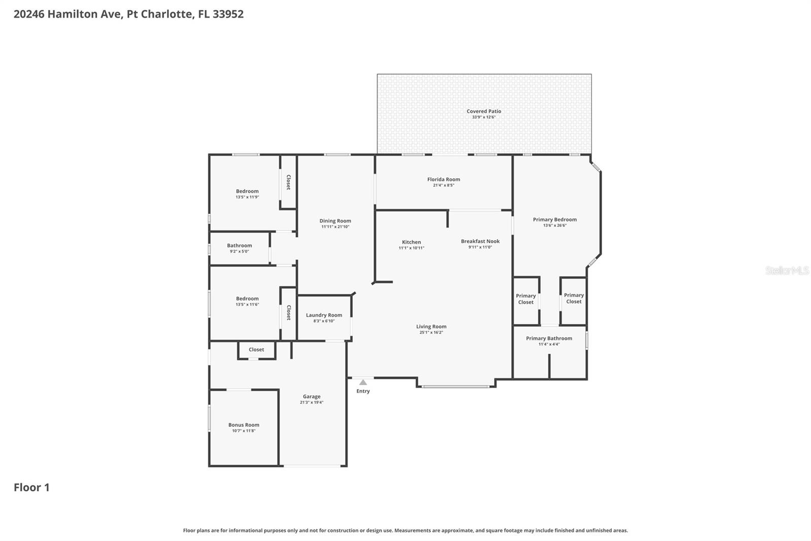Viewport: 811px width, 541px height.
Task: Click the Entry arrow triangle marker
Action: pos(363,383)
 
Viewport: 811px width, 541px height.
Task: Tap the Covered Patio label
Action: pos(484,111)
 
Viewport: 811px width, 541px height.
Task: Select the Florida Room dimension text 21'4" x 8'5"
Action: pos(443,185)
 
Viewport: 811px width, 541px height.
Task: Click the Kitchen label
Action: pos(411,242)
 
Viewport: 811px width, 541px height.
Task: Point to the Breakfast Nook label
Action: pos(480,241)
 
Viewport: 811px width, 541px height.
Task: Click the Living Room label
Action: pos(431,327)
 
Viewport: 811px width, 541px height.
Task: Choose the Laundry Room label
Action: pos(324,315)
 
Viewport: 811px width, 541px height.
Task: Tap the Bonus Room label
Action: pos(243,425)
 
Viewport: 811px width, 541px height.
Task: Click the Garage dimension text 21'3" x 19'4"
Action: pos(311,402)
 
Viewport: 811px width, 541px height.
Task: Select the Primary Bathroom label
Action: pos(549,339)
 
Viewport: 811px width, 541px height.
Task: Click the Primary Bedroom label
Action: pos(555,220)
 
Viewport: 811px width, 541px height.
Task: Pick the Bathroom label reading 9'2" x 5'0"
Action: pos(239,246)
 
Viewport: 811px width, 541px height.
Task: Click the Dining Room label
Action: pos(335,221)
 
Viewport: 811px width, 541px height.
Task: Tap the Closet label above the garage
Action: pos(256,350)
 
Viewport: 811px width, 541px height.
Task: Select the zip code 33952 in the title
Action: pos(228,14)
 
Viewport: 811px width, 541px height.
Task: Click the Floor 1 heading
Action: pos(31,487)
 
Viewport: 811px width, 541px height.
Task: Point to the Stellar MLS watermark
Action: pos(787,270)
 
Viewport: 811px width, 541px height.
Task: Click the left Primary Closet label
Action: pos(526,299)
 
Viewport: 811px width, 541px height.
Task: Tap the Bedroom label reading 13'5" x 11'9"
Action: pos(247,191)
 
